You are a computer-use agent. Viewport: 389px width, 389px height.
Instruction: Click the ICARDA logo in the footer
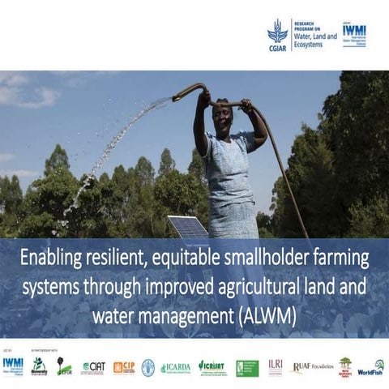tap(175, 367)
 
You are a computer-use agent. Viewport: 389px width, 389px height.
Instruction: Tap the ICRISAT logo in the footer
tap(212, 366)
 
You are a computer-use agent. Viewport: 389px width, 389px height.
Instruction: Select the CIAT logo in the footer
tap(93, 367)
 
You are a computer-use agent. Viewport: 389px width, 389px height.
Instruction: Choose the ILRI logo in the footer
tap(276, 365)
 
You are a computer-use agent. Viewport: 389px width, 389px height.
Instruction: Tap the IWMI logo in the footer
tap(13, 365)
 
